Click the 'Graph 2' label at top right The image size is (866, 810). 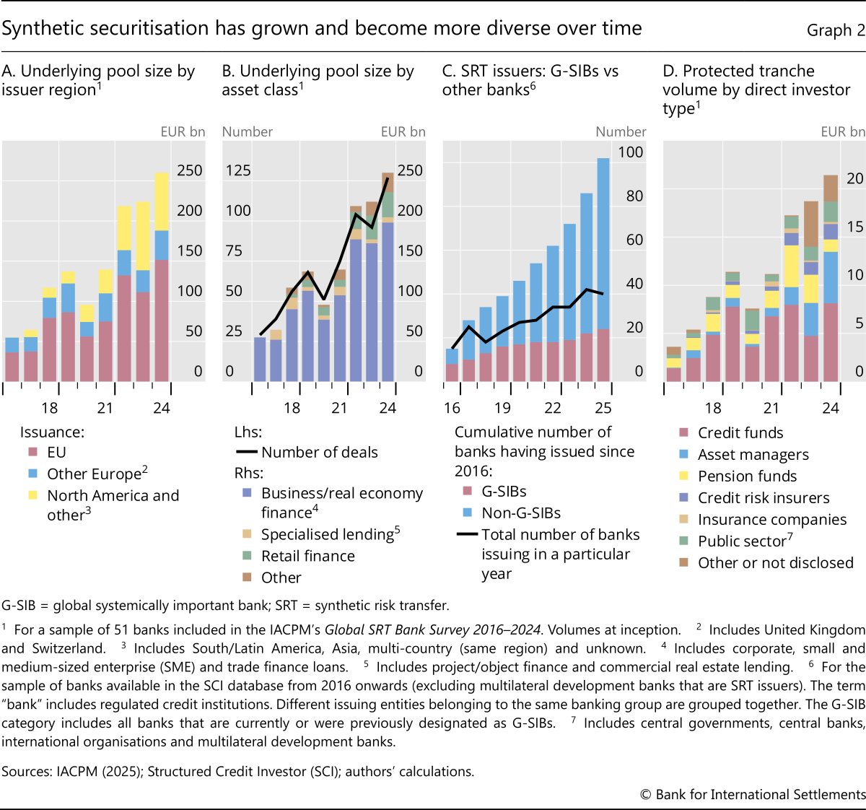(x=836, y=30)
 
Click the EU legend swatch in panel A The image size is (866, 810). (x=32, y=453)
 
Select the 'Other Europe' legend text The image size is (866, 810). (x=94, y=474)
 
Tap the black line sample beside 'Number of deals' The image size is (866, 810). (x=247, y=453)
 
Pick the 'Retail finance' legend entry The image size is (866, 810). (x=307, y=557)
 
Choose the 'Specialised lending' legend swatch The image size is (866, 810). (x=247, y=534)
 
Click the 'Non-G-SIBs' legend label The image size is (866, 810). (x=521, y=513)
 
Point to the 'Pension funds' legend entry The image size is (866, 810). (x=747, y=476)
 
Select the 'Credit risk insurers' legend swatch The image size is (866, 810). (x=683, y=497)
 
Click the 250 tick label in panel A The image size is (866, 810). (x=189, y=170)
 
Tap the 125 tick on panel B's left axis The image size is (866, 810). (x=238, y=170)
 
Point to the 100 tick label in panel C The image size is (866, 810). (x=630, y=152)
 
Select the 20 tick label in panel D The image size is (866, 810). (x=854, y=178)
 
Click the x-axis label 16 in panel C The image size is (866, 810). (x=452, y=408)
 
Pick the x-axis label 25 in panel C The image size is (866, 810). (x=603, y=408)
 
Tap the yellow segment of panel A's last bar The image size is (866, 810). (x=162, y=201)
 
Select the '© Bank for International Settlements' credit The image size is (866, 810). (x=752, y=794)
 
